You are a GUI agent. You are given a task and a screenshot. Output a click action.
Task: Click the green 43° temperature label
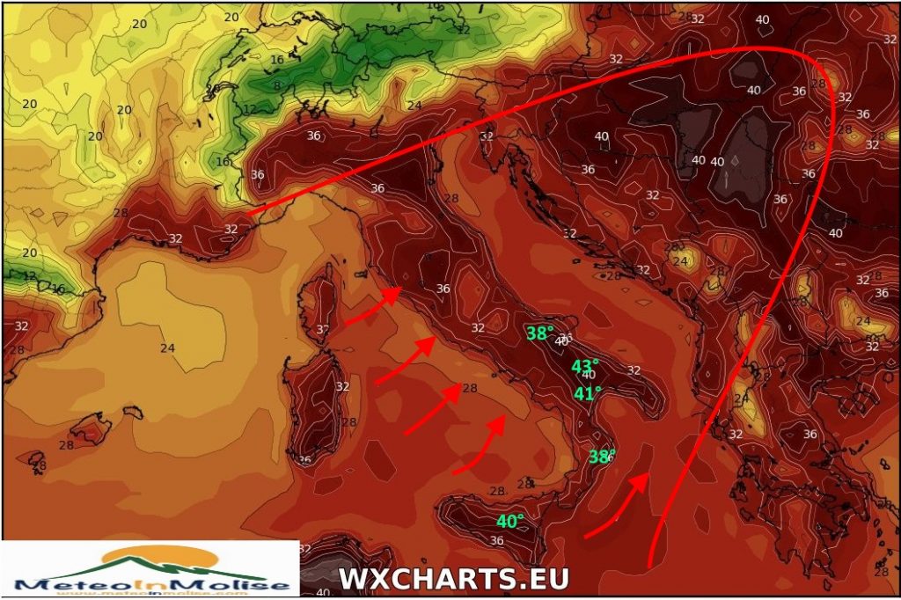585,365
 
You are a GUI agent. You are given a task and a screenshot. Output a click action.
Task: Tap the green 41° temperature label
587,393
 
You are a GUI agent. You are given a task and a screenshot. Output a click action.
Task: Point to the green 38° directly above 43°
539,333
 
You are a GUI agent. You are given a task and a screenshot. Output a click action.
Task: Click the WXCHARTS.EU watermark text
454,579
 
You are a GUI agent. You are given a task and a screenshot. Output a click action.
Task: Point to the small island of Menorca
132,411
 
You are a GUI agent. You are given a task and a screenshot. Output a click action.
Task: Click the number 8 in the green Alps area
277,85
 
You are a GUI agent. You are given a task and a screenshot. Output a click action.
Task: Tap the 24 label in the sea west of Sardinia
167,348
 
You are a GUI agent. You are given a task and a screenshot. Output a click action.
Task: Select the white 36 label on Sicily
495,540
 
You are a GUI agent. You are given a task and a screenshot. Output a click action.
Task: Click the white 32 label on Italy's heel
634,370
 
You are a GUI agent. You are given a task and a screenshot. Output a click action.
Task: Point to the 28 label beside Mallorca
66,445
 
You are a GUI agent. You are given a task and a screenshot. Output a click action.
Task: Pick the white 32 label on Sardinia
342,385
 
